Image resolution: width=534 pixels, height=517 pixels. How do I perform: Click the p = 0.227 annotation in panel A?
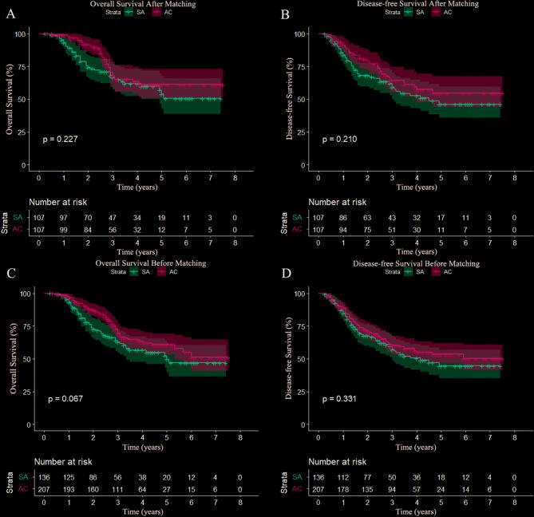pos(61,139)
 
